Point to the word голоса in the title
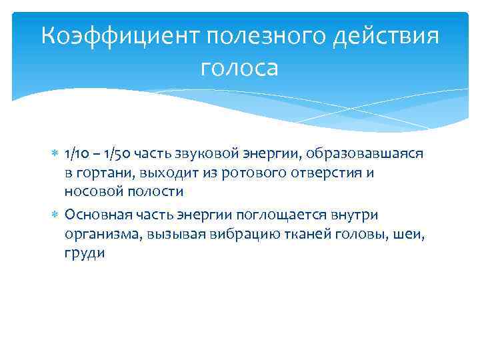239,67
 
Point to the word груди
85,253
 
